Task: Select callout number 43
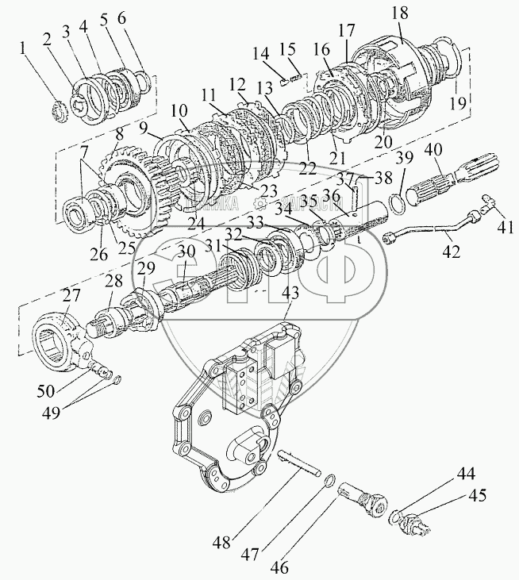click(291, 292)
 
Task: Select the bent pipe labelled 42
click(432, 231)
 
